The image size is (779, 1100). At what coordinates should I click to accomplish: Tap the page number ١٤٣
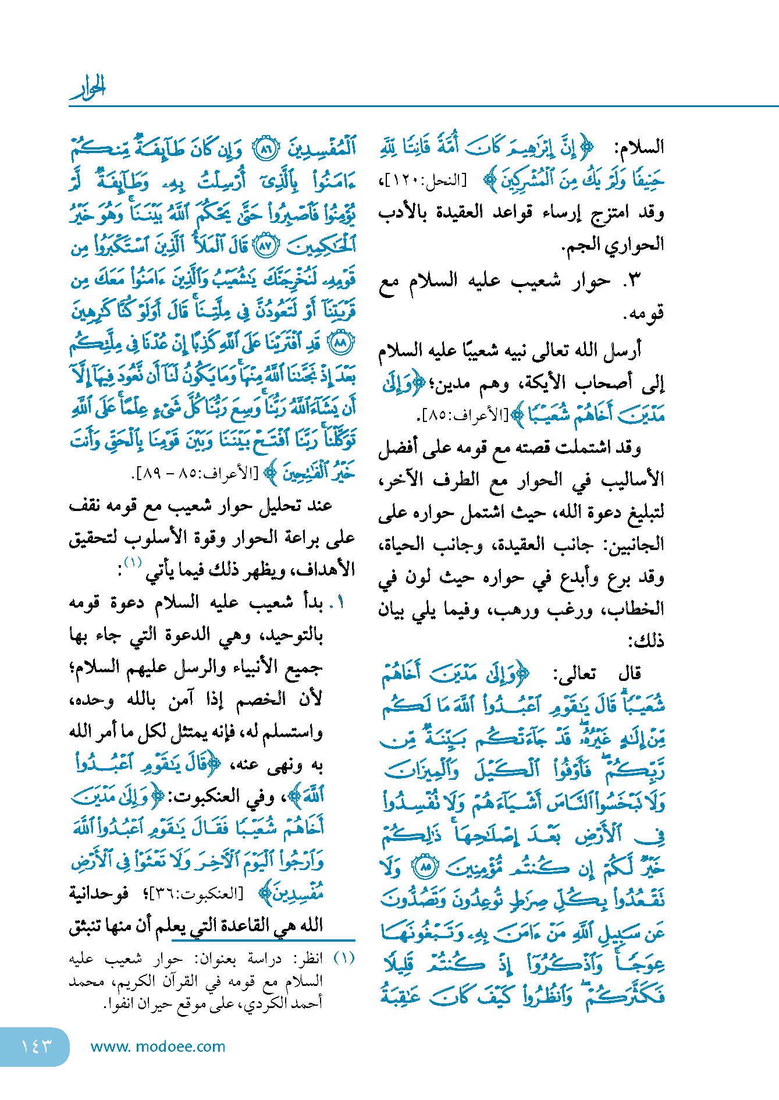[x=36, y=1046]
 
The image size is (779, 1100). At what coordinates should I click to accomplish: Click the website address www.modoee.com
[x=158, y=1046]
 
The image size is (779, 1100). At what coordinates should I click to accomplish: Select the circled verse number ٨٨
[x=340, y=343]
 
